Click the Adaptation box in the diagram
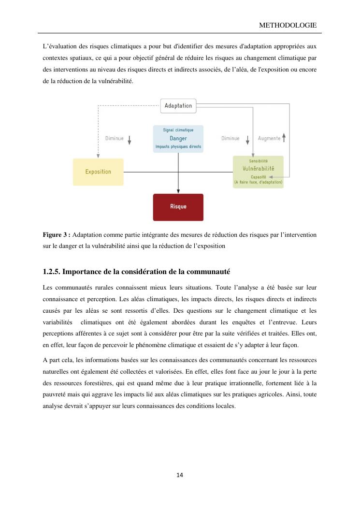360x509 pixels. coord(178,106)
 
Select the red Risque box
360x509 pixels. coord(178,207)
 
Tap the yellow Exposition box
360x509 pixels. coord(98,172)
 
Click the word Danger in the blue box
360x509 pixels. coord(178,138)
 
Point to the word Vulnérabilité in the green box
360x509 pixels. coord(258,169)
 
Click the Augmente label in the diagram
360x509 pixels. coord(269,138)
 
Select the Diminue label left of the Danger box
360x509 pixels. coord(115,138)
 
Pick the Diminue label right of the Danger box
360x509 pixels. coord(230,138)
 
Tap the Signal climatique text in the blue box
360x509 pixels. coord(178,130)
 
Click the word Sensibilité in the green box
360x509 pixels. coord(258,160)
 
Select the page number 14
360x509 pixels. coord(180,475)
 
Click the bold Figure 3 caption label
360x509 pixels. coord(57,234)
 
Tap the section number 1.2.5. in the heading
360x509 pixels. coord(52,271)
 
